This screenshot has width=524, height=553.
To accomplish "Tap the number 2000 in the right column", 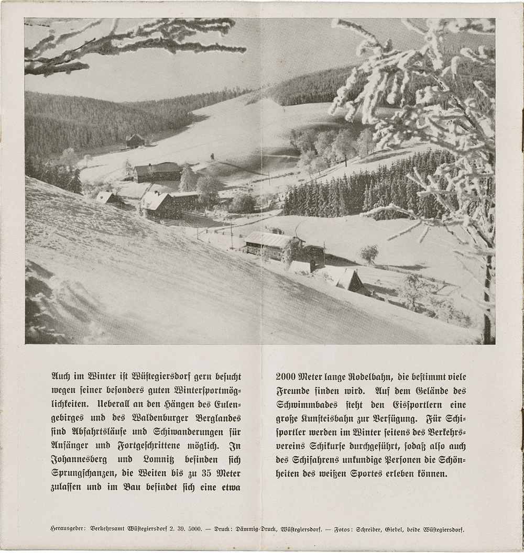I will (286, 377).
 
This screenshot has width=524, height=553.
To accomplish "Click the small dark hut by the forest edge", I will (135, 140).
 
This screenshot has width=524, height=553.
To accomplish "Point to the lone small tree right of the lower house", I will (369, 254).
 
